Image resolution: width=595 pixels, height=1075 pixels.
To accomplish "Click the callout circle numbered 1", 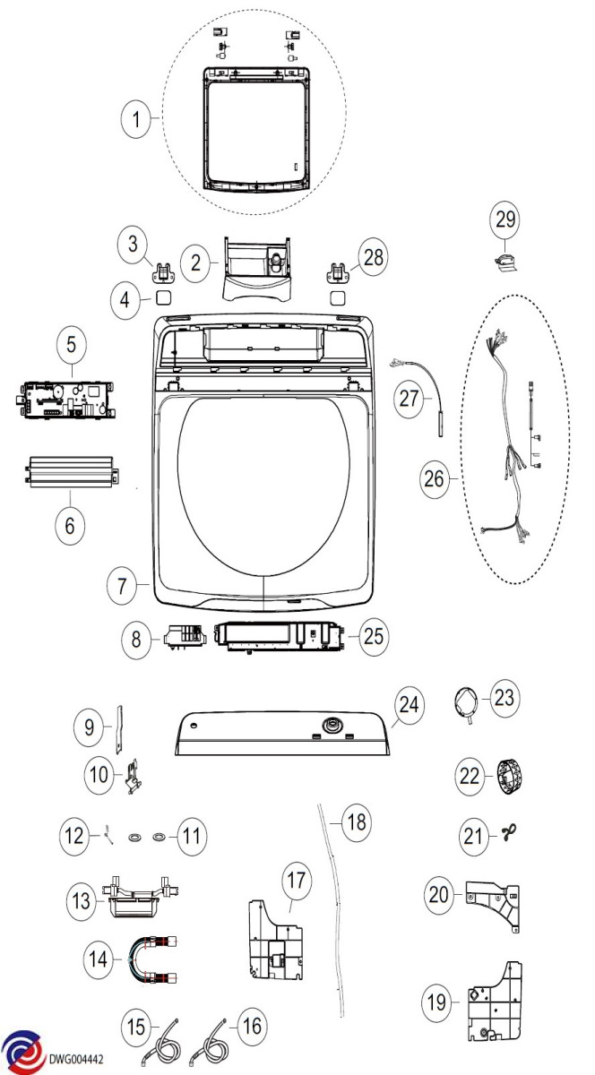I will pos(136,120).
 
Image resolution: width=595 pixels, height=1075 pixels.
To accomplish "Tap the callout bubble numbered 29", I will pos(505,219).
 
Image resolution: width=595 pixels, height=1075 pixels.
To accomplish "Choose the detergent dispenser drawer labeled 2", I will pos(261,266).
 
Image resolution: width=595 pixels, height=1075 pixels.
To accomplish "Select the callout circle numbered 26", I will pos(436,480).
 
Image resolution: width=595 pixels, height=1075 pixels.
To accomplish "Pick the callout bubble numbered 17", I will pos(297,880).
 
